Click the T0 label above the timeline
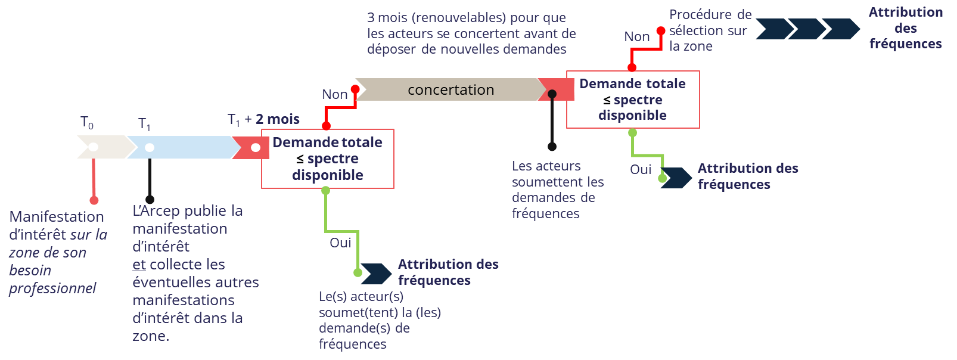(87, 123)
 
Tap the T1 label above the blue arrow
(144, 123)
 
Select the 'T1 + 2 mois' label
(263, 120)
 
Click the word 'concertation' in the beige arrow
(450, 90)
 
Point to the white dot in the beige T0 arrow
(94, 147)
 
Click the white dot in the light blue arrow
(150, 147)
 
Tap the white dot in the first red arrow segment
(256, 147)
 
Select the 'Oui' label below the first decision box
(340, 243)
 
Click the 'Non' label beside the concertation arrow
(335, 94)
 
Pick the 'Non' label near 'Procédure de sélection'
(636, 36)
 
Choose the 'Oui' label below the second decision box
(641, 169)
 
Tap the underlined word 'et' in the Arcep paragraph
(139, 264)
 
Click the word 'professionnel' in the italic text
(52, 288)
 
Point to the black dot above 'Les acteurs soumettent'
(552, 146)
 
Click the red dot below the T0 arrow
(94, 200)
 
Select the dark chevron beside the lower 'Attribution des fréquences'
(376, 274)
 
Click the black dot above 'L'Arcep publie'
(150, 200)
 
